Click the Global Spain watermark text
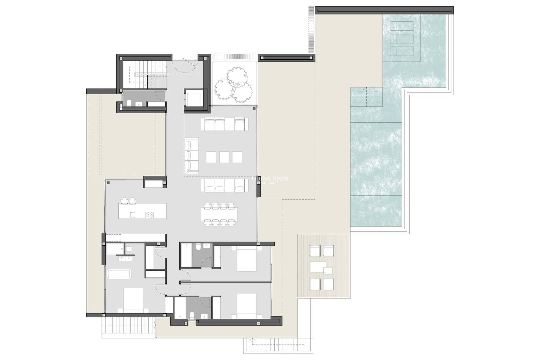pyautogui.click(x=270, y=179)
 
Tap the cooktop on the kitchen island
pyautogui.click(x=149, y=215)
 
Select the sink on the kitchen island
pyautogui.click(x=132, y=215)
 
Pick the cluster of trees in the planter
pyautogui.click(x=233, y=85)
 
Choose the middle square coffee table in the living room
pyautogui.click(x=224, y=157)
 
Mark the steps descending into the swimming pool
pyautogui.click(x=366, y=97)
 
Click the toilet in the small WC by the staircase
pyautogui.click(x=129, y=103)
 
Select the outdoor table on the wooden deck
pyautogui.click(x=318, y=267)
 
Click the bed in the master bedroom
pyautogui.click(x=133, y=300)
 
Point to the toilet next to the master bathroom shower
pyautogui.click(x=129, y=249)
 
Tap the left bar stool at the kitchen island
pyautogui.click(x=124, y=201)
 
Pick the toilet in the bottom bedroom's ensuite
pyautogui.click(x=192, y=315)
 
